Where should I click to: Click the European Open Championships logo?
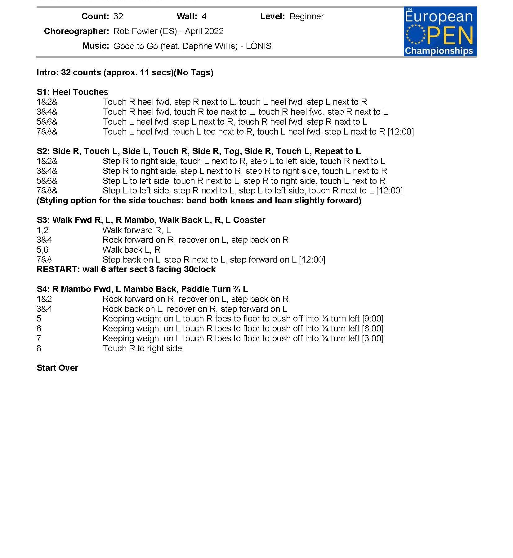440,31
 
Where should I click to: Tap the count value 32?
118,16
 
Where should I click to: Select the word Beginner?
306,16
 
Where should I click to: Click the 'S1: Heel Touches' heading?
72,92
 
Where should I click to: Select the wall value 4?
204,16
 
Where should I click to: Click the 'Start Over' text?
57,368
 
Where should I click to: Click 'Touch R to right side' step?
142,348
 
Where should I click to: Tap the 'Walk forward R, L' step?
136,230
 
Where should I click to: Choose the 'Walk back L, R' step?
131,250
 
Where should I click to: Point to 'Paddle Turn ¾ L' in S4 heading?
214,289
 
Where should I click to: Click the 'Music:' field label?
96,46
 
